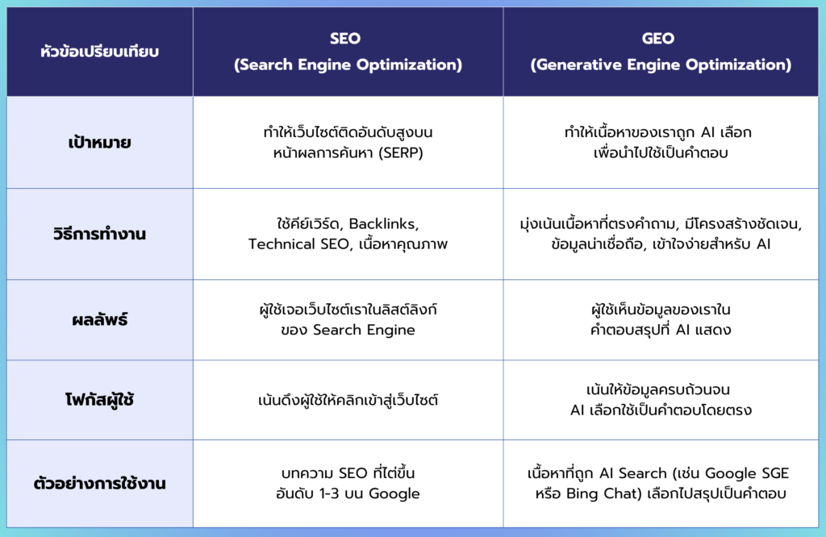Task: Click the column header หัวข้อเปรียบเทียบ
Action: click(x=99, y=52)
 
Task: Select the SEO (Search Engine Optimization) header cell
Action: click(x=348, y=52)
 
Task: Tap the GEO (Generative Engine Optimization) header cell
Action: click(x=661, y=52)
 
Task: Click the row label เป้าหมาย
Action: click(x=99, y=142)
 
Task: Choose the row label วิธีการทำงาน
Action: click(x=99, y=233)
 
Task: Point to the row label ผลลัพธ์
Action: click(x=99, y=319)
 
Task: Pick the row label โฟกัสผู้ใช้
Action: click(x=99, y=400)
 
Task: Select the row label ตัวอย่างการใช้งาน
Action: click(x=99, y=483)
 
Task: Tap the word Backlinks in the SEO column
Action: click(x=383, y=224)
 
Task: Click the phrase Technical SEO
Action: click(x=298, y=244)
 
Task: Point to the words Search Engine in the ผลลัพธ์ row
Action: click(x=364, y=330)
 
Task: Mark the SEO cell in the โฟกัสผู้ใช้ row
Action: click(x=348, y=400)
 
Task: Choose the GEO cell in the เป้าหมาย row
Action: click(x=661, y=142)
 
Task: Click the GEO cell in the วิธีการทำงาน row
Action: click(x=661, y=234)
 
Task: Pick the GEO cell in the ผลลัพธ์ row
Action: click(x=661, y=319)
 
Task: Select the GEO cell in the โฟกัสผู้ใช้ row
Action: click(x=661, y=400)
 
